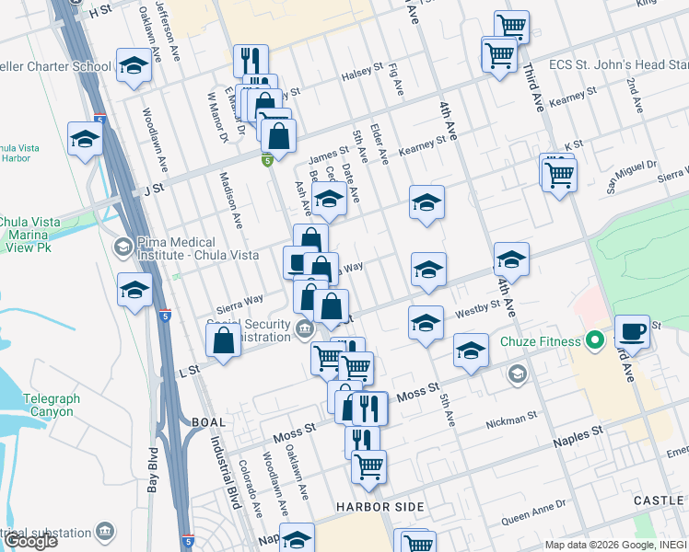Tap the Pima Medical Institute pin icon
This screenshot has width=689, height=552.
(x=123, y=247)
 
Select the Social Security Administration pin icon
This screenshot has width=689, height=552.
(x=305, y=328)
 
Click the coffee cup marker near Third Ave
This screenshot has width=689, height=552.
(x=632, y=330)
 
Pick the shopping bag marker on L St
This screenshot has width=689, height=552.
(x=224, y=340)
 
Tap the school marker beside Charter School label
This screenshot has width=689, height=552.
(x=134, y=65)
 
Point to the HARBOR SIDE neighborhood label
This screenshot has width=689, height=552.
(x=380, y=507)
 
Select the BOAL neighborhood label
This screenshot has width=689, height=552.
(x=207, y=422)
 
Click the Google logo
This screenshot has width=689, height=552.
(x=30, y=541)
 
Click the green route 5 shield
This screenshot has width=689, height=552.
(x=266, y=161)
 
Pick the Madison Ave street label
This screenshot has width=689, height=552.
(x=228, y=201)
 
